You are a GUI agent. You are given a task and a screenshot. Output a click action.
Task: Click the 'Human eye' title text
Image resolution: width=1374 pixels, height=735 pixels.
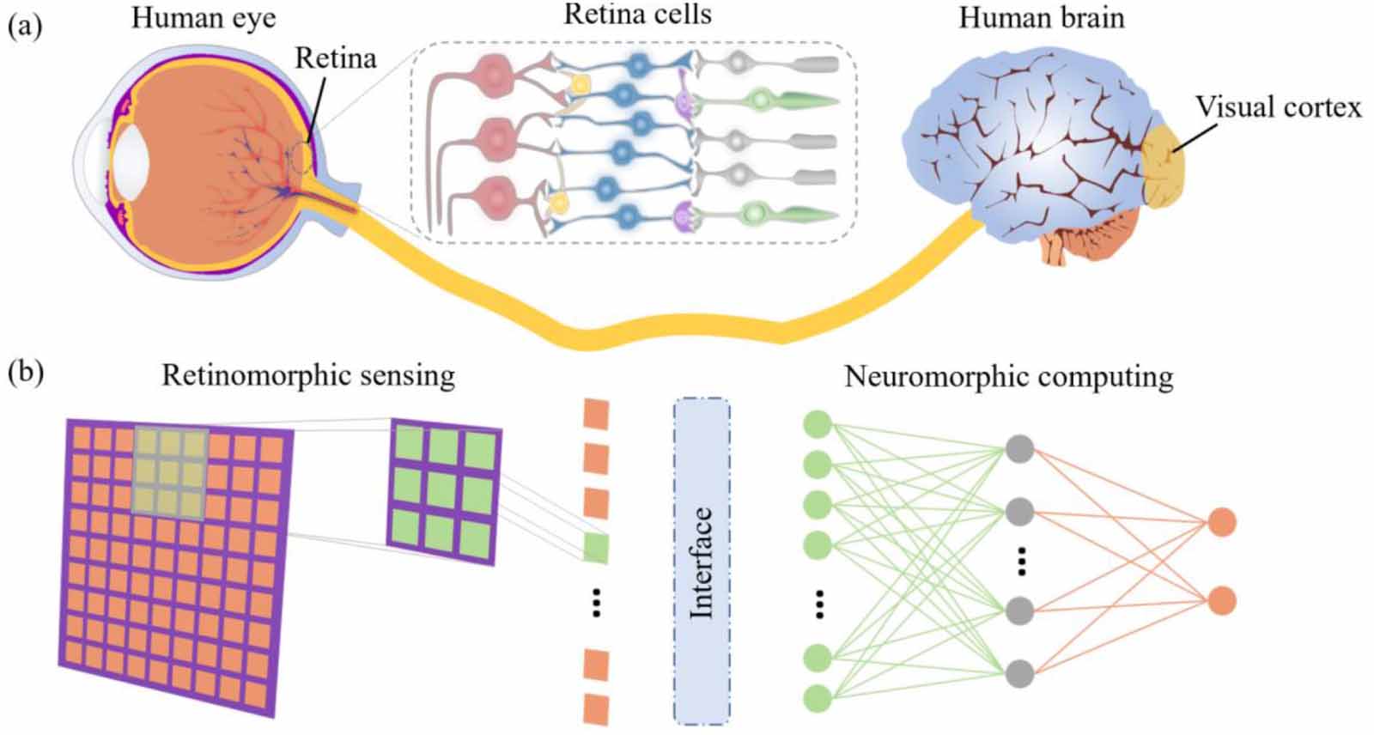point(204,18)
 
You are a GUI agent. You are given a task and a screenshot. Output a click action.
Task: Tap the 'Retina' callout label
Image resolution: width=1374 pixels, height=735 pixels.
point(336,58)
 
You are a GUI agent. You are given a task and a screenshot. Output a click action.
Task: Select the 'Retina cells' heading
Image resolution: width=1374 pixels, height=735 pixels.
point(637,15)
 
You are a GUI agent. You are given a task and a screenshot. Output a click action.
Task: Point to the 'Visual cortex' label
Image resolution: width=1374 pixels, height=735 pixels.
point(1278,107)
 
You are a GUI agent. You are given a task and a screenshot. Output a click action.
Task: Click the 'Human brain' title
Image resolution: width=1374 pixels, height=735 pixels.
point(1041,18)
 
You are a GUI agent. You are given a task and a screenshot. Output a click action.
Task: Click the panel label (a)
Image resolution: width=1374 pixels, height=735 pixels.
point(24,26)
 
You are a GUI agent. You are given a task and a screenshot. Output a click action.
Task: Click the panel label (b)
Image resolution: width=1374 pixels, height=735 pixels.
point(26,373)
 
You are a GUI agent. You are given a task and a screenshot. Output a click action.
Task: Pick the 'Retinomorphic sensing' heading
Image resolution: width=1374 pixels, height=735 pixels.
point(307,376)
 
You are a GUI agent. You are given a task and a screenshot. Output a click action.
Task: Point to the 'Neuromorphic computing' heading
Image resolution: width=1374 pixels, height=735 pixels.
point(1008,377)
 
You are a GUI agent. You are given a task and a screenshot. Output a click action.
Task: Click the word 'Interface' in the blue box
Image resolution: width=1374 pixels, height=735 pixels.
point(702,562)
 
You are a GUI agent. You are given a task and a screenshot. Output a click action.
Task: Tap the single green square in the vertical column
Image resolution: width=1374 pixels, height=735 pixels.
point(595,548)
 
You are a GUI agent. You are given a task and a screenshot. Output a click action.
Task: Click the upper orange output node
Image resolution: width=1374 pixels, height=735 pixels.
point(1221,522)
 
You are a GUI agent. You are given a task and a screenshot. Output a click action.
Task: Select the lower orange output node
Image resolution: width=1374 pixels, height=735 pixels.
point(1221,600)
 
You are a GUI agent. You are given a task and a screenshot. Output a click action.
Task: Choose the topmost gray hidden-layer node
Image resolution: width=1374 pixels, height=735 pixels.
point(1019,449)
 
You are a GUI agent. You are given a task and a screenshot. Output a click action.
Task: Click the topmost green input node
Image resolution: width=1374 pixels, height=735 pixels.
point(817,424)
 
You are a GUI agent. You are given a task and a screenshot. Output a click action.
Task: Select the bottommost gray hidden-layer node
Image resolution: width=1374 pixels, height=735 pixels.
point(1019,673)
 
